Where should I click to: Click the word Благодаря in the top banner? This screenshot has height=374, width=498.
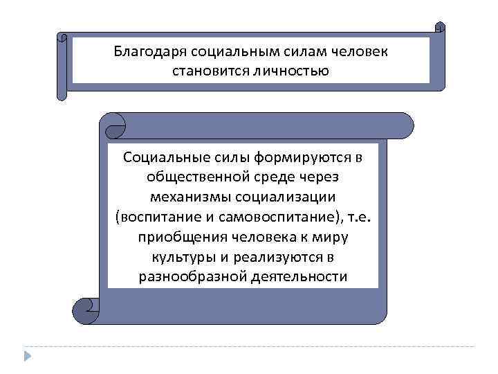[143, 51]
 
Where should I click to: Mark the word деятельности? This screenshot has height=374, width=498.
[301, 277]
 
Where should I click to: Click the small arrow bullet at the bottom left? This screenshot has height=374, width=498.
[27, 356]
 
